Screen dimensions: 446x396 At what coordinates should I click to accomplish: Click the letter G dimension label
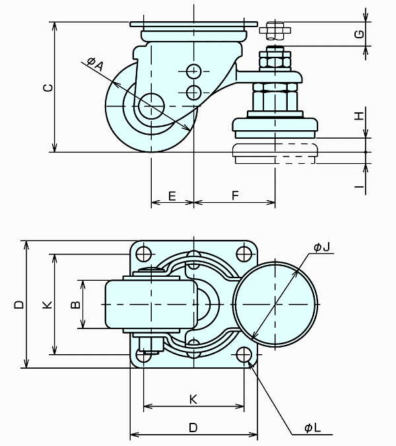(x=358, y=34)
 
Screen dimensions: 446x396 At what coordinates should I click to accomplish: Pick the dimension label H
(x=358, y=116)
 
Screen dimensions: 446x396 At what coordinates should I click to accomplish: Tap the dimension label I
(x=358, y=187)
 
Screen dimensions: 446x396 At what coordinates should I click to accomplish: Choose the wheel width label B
(x=75, y=304)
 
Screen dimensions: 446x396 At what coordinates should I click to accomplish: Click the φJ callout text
(x=321, y=247)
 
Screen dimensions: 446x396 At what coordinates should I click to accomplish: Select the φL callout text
(x=312, y=427)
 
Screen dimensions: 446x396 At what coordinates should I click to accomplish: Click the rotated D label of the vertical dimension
(x=19, y=305)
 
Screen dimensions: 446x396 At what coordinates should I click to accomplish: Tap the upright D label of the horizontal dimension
(x=193, y=427)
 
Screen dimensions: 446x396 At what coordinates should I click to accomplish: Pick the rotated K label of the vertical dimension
(x=46, y=305)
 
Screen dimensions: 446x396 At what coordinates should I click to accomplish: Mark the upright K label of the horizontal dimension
(x=193, y=400)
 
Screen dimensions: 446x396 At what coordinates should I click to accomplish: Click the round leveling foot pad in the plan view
(x=275, y=303)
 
